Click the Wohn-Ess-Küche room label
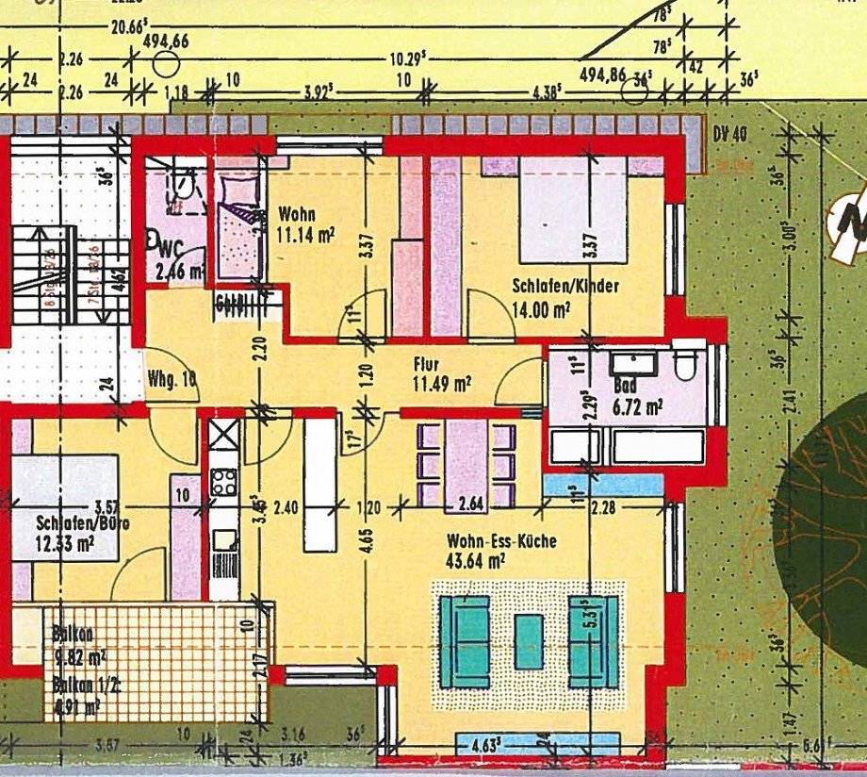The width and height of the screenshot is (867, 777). click(x=501, y=541)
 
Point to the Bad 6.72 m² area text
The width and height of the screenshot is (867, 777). click(x=637, y=406)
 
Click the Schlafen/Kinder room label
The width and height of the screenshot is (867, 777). click(x=565, y=286)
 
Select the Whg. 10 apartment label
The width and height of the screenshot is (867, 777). click(x=172, y=379)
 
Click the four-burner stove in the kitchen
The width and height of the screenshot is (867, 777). click(x=224, y=483)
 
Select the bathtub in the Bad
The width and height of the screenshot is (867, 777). click(x=658, y=446)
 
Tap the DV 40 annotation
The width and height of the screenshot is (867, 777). click(x=730, y=134)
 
